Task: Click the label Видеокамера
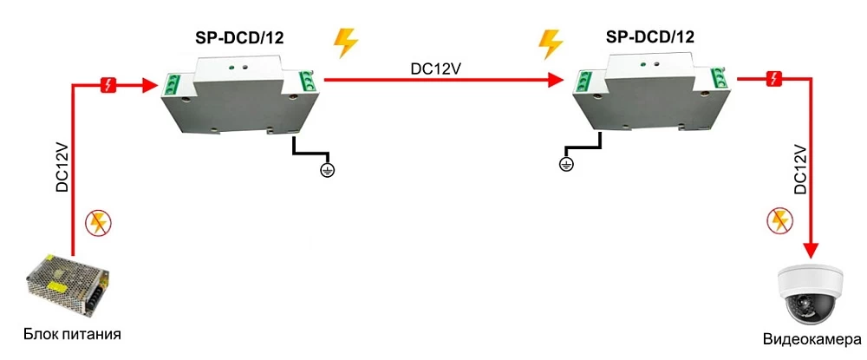[x=812, y=339]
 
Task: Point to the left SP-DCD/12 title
[x=240, y=37]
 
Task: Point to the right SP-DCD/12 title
[x=649, y=37]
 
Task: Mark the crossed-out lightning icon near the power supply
[x=97, y=224]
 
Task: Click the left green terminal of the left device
[x=172, y=85]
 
